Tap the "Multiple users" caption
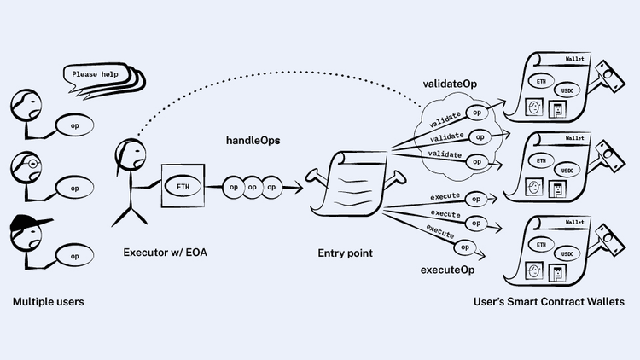click(49, 302)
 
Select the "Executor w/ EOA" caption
click(164, 253)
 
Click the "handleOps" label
click(253, 139)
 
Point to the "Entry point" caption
click(346, 253)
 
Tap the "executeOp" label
click(448, 270)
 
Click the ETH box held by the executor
click(183, 186)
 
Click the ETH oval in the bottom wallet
click(541, 244)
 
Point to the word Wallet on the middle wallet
click(574, 137)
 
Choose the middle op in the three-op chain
click(253, 186)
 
